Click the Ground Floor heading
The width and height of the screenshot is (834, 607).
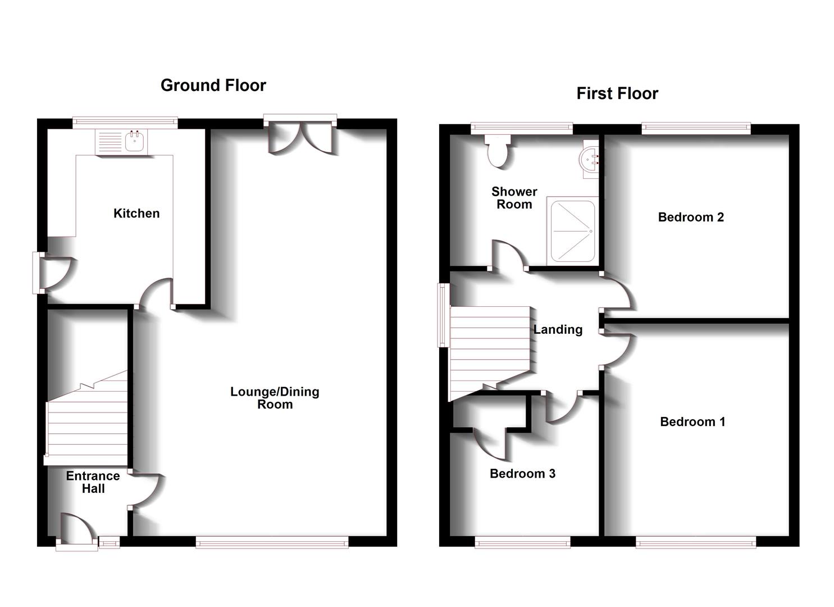pyautogui.click(x=213, y=85)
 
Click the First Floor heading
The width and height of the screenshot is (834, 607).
pyautogui.click(x=617, y=93)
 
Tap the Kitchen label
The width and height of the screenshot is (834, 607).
pyautogui.click(x=136, y=214)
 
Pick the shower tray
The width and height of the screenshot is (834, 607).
pyautogui.click(x=572, y=230)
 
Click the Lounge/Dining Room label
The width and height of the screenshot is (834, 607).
pyautogui.click(x=275, y=398)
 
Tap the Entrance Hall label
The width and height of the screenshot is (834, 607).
pyautogui.click(x=93, y=482)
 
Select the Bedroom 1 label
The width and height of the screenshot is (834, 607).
pyautogui.click(x=692, y=422)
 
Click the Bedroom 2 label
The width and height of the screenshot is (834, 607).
pyautogui.click(x=691, y=217)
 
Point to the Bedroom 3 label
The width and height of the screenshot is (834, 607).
pyautogui.click(x=522, y=474)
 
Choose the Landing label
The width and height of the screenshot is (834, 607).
pyautogui.click(x=558, y=329)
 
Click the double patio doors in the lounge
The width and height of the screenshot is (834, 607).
pyautogui.click(x=301, y=137)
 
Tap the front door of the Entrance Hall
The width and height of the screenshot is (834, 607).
pyautogui.click(x=76, y=531)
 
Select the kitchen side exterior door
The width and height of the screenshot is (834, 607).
pyautogui.click(x=53, y=273)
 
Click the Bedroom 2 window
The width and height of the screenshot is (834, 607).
pyautogui.click(x=696, y=128)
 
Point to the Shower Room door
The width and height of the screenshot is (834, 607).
pyautogui.click(x=509, y=256)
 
